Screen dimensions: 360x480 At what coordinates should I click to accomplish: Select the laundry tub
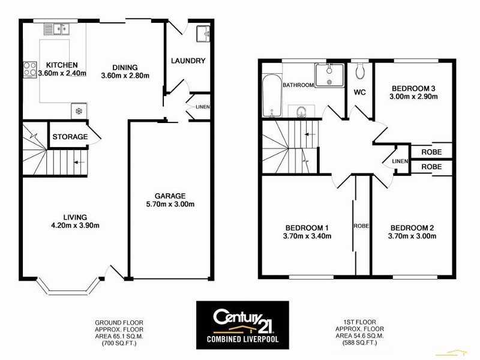click(203, 33)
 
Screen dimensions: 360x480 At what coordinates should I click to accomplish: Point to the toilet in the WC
click(360, 71)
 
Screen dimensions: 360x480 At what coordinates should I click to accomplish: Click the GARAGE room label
click(171, 196)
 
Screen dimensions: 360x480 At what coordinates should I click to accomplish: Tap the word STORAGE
click(70, 137)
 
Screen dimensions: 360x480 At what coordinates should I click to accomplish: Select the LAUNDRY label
click(188, 61)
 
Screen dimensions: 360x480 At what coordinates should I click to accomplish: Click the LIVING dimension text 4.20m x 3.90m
click(76, 226)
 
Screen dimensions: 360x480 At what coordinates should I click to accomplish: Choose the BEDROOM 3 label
click(412, 88)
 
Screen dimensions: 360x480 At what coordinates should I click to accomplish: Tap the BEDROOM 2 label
click(412, 227)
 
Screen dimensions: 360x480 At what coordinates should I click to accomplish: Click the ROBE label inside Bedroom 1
click(361, 226)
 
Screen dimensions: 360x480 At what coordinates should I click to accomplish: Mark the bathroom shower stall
click(329, 78)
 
